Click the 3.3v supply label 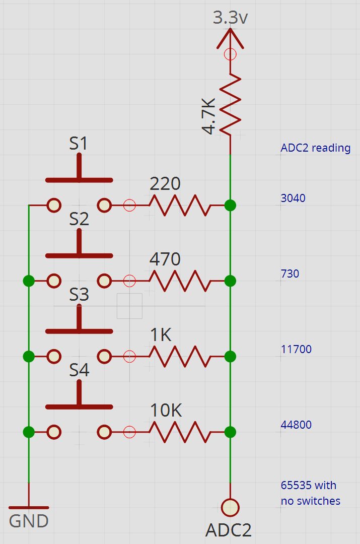point(230,17)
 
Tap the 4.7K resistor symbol point(230,104)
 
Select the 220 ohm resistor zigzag point(180,206)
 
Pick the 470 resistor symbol point(180,281)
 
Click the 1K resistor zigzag point(180,356)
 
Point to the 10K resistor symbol point(180,432)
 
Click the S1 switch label point(79,143)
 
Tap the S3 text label point(79,295)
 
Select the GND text point(29,521)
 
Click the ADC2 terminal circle point(230,508)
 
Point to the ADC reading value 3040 point(293,198)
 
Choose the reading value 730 point(290,274)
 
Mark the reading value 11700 point(296,349)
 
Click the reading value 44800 point(296,425)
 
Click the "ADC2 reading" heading point(316,148)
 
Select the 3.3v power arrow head point(230,38)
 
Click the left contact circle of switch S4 point(54,432)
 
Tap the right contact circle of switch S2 point(104,281)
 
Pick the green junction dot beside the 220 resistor point(230,206)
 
